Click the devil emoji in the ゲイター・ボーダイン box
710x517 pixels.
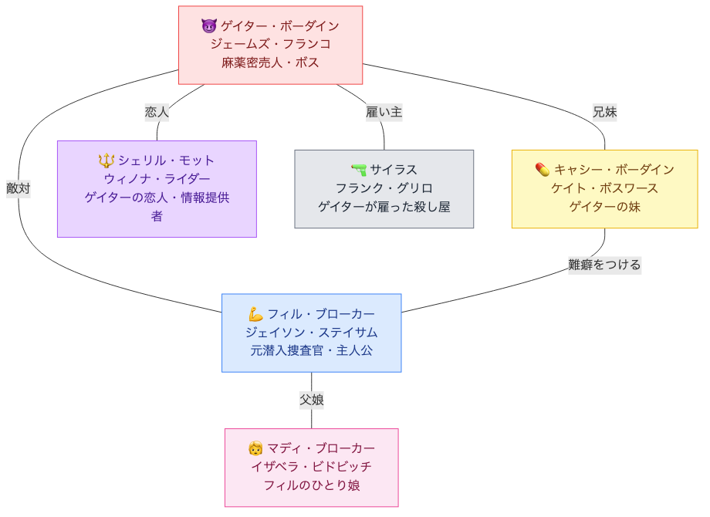208,26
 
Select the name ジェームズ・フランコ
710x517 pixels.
270,44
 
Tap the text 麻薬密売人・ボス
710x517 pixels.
270,63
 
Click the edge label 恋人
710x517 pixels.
157,112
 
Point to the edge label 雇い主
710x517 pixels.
384,112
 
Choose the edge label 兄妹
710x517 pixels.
604,112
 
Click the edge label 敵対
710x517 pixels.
19,188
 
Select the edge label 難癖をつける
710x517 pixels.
604,265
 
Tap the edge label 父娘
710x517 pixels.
312,400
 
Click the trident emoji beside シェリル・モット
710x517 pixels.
106,161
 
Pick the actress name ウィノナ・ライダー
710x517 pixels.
157,179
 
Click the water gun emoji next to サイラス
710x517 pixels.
358,170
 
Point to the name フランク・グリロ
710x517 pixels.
384,188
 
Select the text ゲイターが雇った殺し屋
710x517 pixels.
384,207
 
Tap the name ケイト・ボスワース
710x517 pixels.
604,188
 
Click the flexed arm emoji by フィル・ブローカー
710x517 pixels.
255,314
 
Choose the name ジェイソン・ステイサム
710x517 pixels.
311,333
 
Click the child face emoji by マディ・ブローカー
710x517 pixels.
255,448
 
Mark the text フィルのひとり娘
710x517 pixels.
311,485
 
